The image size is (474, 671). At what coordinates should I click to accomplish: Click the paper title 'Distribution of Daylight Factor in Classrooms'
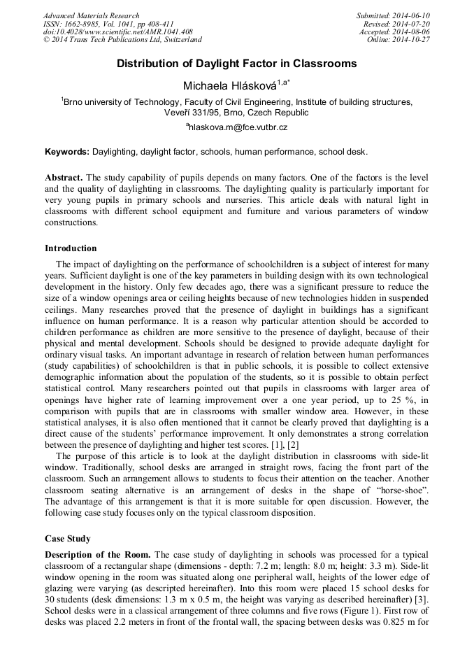[236, 64]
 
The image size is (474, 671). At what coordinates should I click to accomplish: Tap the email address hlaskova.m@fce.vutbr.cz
[237, 127]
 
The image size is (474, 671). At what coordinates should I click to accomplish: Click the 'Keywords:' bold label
[67, 151]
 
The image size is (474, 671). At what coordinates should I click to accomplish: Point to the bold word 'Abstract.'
[64, 178]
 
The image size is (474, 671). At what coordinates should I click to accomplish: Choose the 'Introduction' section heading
[71, 248]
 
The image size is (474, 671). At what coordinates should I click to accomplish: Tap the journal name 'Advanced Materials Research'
[91, 15]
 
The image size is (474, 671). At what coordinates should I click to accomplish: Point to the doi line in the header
[117, 31]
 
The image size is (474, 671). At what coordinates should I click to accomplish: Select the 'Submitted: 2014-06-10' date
[393, 15]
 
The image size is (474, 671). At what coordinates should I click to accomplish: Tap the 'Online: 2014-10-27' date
[398, 40]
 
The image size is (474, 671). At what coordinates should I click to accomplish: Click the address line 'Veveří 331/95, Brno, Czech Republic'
[236, 112]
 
